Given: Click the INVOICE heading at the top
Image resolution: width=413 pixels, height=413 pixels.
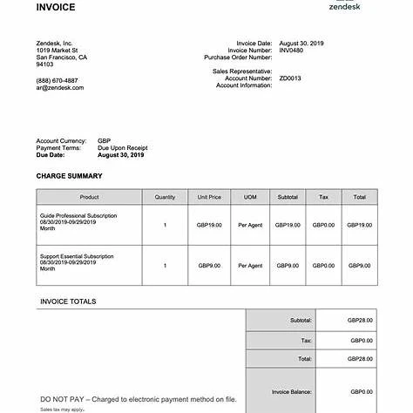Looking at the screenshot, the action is (x=56, y=8).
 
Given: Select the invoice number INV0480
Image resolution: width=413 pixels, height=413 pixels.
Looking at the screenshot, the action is (x=291, y=50).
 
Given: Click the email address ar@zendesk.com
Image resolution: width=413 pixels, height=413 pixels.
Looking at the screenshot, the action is (x=60, y=87).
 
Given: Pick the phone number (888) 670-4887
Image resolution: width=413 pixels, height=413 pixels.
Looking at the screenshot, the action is (x=57, y=80).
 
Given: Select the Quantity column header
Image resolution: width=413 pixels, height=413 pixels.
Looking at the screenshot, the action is (x=165, y=198).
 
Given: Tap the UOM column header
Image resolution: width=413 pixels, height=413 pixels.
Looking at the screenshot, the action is (x=250, y=198).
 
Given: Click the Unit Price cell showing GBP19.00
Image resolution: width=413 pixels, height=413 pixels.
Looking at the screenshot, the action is (x=209, y=225).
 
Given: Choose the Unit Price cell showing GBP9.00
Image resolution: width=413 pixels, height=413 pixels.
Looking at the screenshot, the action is (x=209, y=265).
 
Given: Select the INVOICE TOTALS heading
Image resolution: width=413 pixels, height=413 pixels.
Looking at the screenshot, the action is (x=68, y=301).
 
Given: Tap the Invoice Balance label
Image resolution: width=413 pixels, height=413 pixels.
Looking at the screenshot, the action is (x=292, y=392).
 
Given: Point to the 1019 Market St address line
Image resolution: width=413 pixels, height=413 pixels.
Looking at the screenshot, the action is (x=58, y=50).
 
